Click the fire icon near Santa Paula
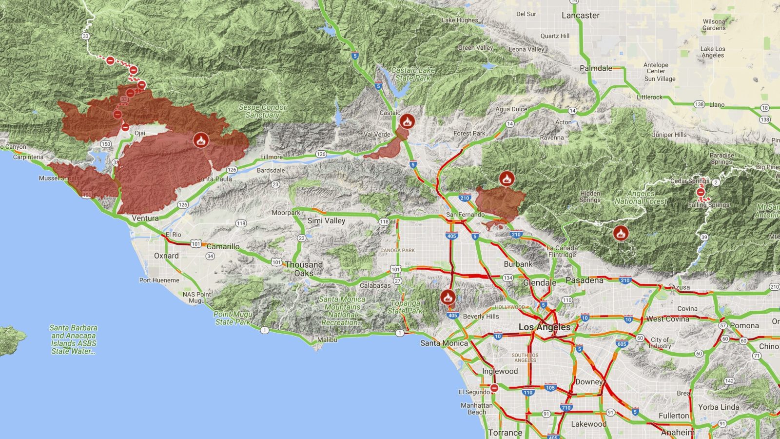200,140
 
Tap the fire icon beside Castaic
407,120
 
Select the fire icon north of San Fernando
507,179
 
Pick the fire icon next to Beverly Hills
448,297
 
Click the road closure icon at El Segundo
494,388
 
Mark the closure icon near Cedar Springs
701,192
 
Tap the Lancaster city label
580,16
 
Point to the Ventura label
145,218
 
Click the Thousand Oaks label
304,269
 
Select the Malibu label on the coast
327,339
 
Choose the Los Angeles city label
544,327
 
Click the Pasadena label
584,280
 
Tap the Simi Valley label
326,221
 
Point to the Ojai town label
140,133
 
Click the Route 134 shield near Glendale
508,278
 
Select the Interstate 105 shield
550,388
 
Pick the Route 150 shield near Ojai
106,144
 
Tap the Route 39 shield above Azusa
704,238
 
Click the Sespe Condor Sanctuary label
262,111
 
